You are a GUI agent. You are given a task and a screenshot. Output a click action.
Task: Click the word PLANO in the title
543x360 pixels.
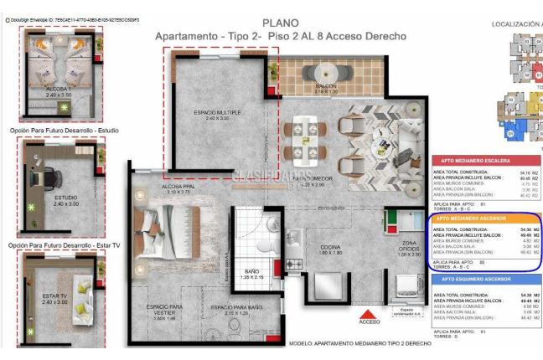coord(280,23)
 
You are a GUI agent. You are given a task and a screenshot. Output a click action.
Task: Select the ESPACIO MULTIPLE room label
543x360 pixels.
coord(218,112)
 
